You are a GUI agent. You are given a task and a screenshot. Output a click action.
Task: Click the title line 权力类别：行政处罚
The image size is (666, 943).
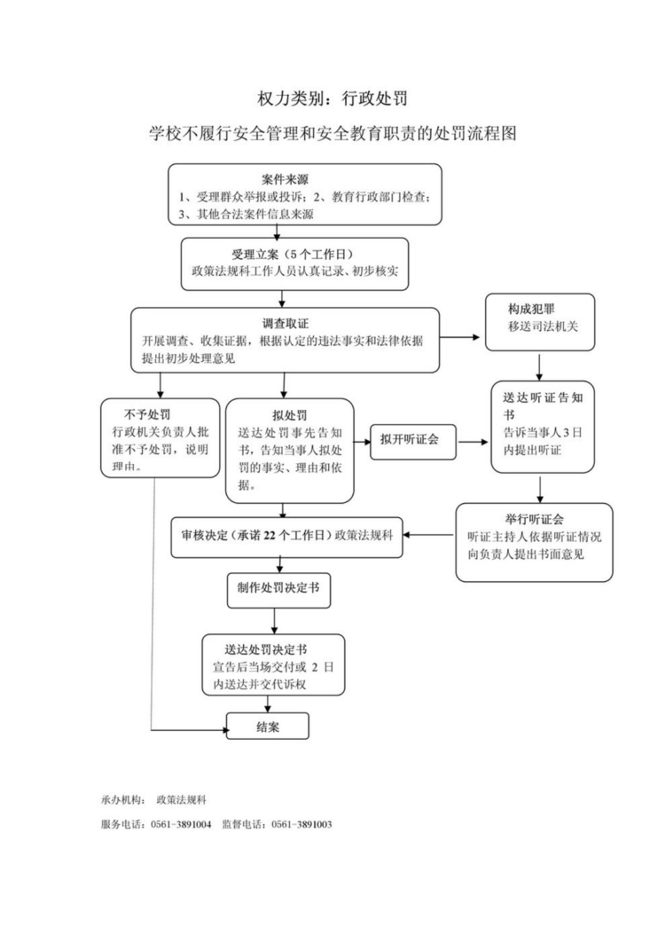coord(332,99)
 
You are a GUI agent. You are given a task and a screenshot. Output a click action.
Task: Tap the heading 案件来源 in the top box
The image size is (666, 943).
coord(285,179)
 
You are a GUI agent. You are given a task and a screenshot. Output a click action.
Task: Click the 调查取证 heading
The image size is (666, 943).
coord(285,323)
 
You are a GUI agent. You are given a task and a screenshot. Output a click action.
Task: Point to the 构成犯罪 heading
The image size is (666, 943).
coord(531,309)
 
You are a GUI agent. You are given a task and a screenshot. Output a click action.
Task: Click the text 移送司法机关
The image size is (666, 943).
coord(543,327)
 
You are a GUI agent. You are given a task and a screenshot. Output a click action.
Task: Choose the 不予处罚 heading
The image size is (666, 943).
coord(147,414)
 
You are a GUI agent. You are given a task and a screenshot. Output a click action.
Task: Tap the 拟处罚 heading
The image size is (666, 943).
coord(290,415)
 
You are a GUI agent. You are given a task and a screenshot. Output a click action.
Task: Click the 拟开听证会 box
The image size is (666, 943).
coord(413,441)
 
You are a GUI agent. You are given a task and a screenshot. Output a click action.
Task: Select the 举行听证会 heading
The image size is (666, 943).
coord(534,519)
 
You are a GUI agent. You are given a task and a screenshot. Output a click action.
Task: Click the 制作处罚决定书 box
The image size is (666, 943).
coord(278,591)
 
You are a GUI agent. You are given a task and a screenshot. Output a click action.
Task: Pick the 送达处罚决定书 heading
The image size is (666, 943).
coord(266,650)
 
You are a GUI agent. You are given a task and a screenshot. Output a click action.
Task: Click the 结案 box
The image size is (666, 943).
coord(268,726)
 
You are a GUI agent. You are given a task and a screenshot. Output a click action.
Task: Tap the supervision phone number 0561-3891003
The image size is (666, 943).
coord(302,824)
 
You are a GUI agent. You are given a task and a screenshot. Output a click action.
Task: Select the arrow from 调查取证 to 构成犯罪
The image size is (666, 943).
coord(459,337)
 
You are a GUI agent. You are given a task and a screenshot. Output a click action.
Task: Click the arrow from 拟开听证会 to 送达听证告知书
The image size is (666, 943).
coord(473,442)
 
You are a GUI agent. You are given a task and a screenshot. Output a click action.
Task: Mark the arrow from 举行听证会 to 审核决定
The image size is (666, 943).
coord(429,535)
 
